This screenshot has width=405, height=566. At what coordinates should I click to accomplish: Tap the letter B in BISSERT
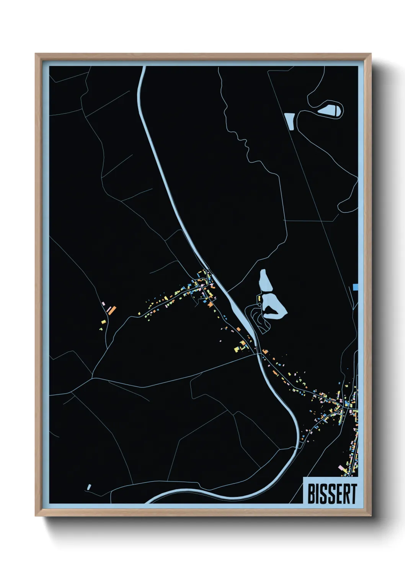coord(312,494)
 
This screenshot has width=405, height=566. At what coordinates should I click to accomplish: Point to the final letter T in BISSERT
coord(353,494)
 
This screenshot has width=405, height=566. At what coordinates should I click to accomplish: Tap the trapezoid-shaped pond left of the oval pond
coord(290,121)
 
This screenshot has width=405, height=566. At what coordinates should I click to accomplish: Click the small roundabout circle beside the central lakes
coord(260,304)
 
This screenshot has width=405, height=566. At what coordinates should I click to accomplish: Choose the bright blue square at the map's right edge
coord(356,287)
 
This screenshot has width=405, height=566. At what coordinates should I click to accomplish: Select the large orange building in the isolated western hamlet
coord(112,310)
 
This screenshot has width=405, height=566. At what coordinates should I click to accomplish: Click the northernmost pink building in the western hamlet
coord(103,303)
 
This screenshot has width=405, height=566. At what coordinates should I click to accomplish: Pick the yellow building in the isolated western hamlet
coord(103,322)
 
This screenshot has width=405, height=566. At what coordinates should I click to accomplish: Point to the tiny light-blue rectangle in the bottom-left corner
coord(89,487)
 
